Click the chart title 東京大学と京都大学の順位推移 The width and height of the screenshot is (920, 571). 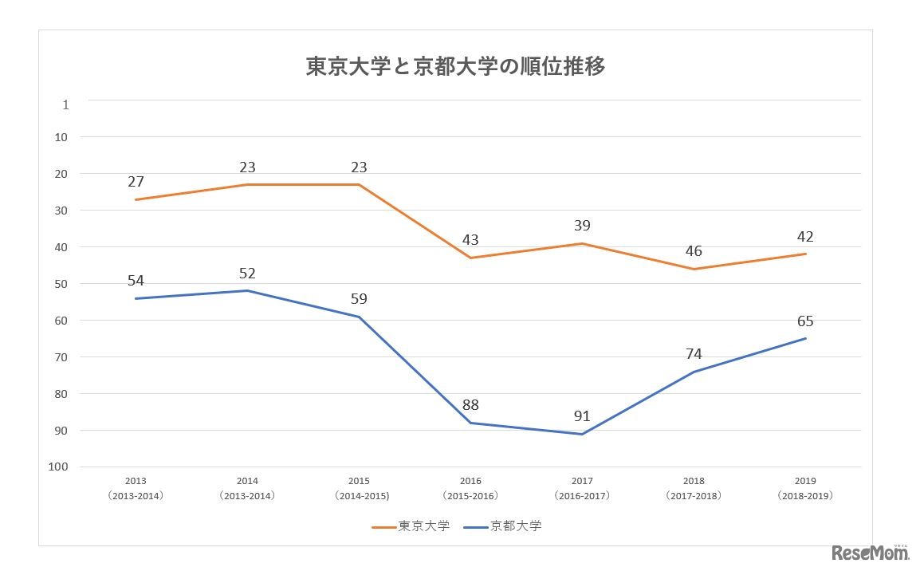455,67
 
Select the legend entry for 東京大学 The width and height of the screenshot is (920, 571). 411,526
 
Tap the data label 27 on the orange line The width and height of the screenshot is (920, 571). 136,182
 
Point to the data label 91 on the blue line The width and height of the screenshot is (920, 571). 582,415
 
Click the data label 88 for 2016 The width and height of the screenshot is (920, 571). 470,405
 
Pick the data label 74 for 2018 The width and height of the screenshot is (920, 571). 694,354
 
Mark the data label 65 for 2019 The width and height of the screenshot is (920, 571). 805,321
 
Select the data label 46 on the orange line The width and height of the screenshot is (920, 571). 694,251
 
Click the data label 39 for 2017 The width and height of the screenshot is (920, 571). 582,226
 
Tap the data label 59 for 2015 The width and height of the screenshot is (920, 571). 359,299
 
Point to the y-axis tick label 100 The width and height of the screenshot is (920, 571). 58,467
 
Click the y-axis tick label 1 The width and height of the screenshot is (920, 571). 65,104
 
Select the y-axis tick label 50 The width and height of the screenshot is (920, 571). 61,283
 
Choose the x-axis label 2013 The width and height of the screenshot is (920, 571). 136,482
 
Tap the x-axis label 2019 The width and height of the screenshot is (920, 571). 805,482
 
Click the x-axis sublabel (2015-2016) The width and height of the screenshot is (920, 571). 470,496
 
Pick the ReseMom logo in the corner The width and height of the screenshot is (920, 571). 870,553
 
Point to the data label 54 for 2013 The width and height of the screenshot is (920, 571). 136,281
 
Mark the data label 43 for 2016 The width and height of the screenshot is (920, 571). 470,240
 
